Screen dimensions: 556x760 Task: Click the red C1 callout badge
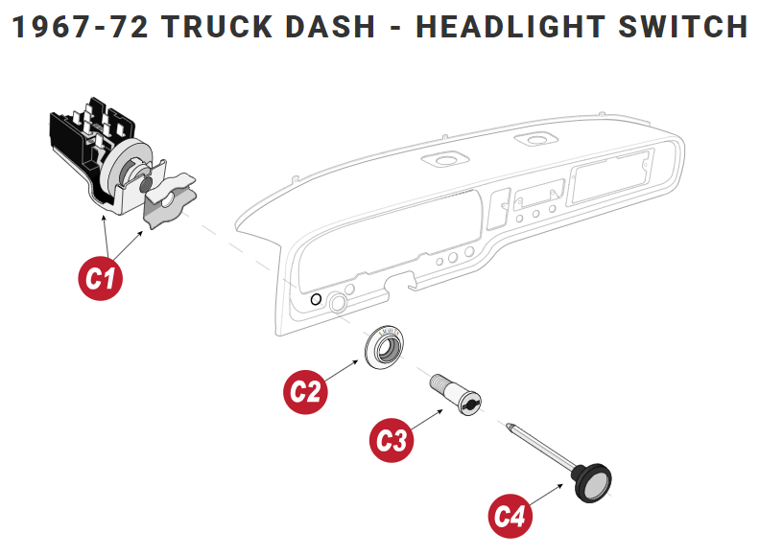pos(100,279)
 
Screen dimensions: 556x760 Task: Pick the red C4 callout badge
pos(511,516)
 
